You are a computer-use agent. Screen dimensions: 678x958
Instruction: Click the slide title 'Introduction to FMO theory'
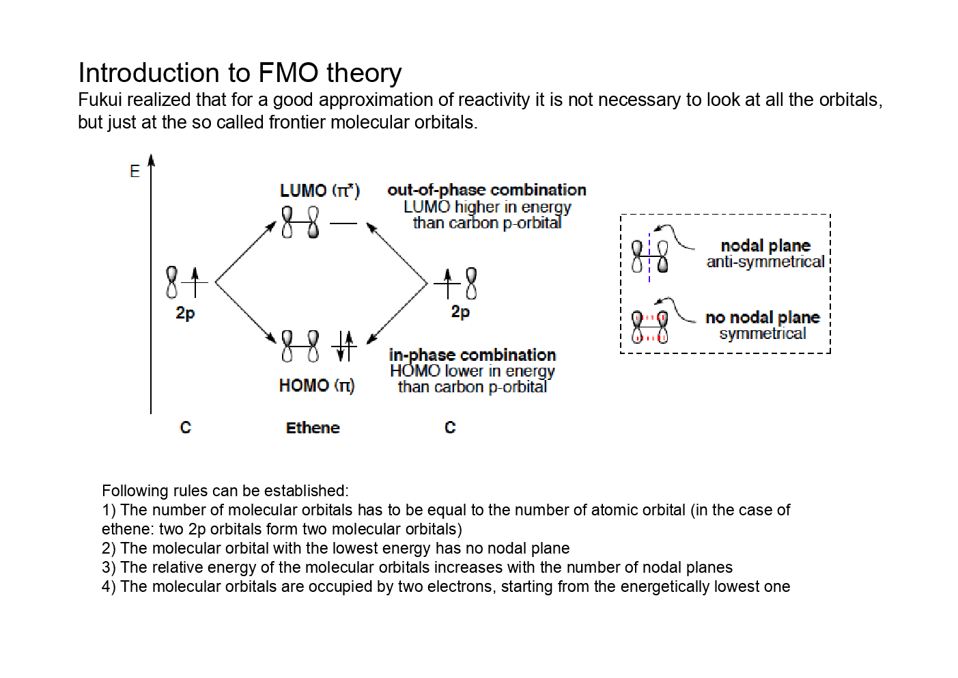click(x=240, y=73)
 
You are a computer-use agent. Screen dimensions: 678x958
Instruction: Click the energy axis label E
click(x=135, y=171)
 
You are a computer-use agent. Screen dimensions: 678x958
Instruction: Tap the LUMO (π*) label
click(x=320, y=191)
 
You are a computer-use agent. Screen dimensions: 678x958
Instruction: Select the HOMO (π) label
click(x=317, y=385)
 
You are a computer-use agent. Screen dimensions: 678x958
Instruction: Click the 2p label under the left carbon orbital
click(x=185, y=313)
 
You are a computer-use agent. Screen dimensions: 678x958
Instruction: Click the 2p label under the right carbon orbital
click(x=460, y=312)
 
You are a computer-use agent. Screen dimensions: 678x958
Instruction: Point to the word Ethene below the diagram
click(x=313, y=428)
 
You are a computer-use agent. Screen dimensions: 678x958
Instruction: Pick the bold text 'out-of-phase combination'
click(x=487, y=190)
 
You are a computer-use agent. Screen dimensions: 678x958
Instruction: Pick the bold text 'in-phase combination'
click(x=473, y=355)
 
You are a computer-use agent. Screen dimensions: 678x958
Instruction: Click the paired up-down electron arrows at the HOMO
click(x=345, y=346)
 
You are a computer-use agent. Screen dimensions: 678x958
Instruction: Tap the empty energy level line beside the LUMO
click(x=343, y=223)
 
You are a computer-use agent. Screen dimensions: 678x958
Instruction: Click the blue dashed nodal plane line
click(x=649, y=258)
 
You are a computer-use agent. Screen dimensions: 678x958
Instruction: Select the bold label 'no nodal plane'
click(x=762, y=317)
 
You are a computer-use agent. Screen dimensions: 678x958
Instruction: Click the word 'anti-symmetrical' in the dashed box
click(x=765, y=262)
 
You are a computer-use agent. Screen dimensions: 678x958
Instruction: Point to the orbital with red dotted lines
click(x=649, y=327)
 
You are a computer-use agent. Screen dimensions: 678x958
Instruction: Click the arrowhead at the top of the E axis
click(x=151, y=160)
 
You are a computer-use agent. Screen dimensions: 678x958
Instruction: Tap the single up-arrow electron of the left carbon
click(x=195, y=282)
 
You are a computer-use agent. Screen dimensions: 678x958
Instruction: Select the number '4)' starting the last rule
click(x=109, y=586)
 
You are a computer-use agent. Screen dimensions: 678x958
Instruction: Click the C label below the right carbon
click(x=450, y=428)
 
